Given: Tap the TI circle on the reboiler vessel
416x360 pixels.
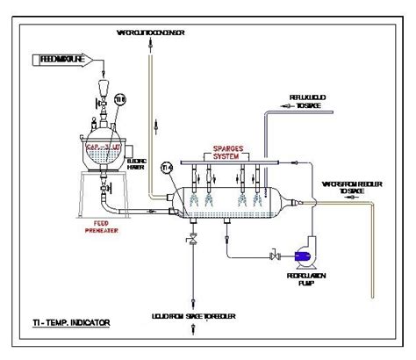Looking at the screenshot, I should tap(168, 168).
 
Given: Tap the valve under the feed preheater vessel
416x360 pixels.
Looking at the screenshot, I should tap(104, 185).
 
